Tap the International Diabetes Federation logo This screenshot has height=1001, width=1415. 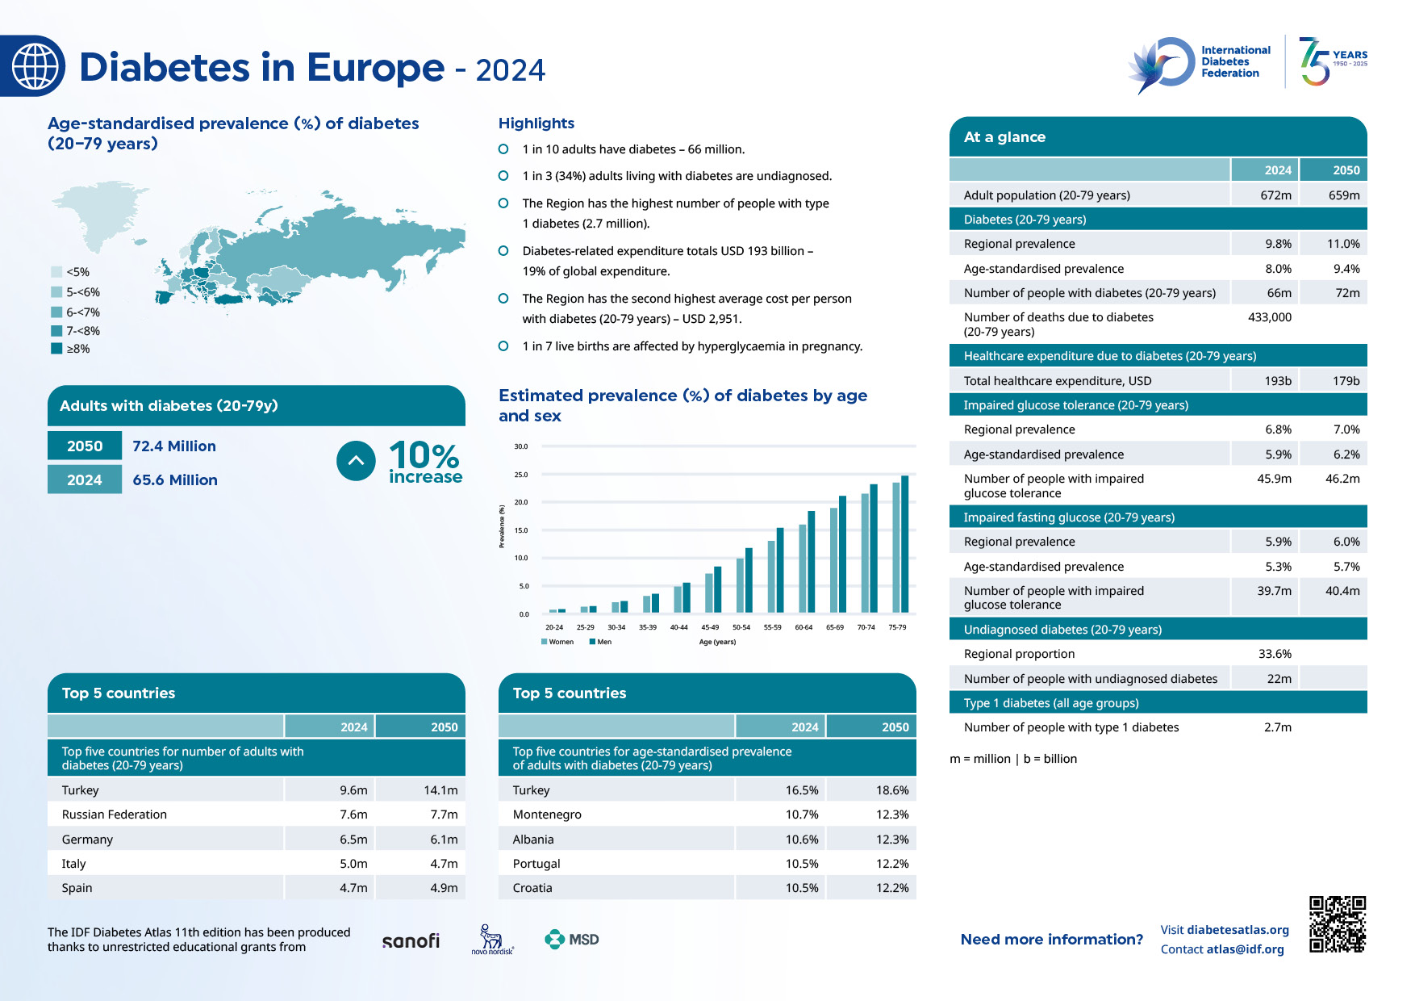1200,63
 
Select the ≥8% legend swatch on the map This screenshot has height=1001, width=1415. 56,349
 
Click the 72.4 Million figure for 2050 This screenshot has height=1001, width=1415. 173,446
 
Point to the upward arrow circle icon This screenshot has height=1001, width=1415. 356,461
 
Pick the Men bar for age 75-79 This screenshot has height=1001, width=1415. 904,544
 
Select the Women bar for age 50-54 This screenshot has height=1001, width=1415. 740,585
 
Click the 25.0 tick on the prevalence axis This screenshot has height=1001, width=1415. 520,475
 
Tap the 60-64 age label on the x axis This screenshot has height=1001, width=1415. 804,627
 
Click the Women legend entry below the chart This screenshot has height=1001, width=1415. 557,642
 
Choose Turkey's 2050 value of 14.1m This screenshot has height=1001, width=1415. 440,790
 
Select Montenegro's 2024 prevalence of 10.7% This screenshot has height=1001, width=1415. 802,815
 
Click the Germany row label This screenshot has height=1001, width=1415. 87,840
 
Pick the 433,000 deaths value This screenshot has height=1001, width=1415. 1269,317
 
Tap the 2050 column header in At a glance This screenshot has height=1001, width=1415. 1346,170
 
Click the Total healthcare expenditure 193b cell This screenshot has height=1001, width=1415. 1277,381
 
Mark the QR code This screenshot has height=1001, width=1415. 1337,924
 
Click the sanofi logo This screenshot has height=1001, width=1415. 411,940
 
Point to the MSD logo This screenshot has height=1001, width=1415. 572,940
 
